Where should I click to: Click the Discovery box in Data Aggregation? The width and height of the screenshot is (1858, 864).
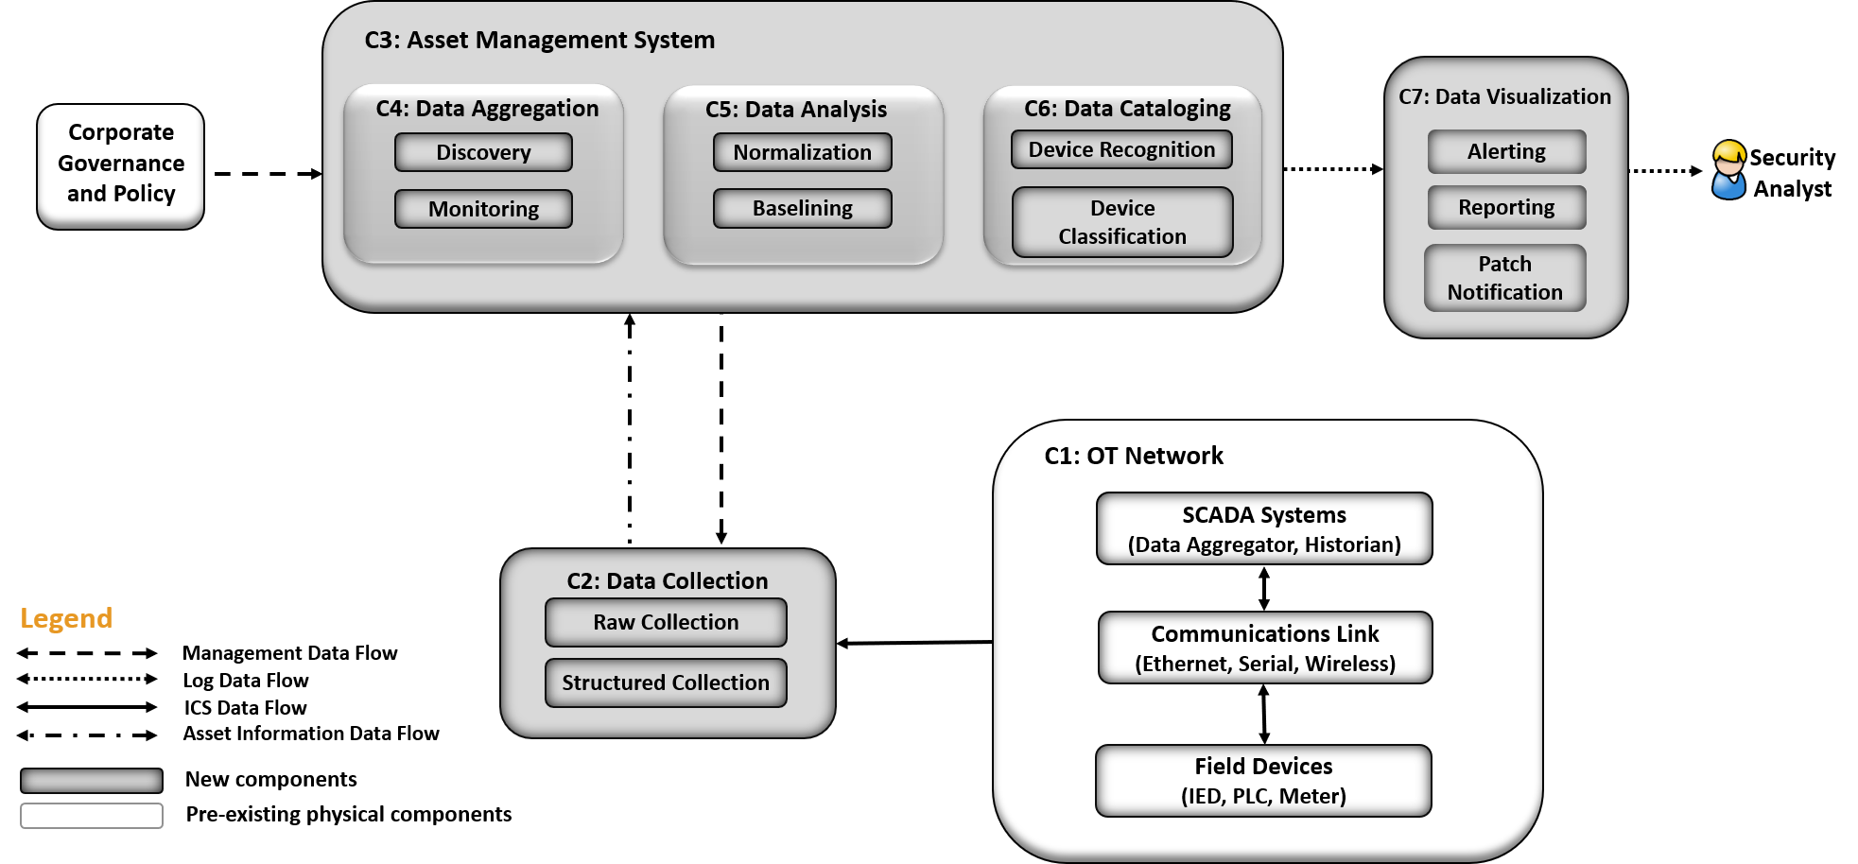(483, 152)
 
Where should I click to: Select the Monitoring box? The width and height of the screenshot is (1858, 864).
(483, 209)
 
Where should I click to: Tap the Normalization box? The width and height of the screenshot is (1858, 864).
(802, 152)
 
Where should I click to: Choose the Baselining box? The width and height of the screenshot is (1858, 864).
(802, 208)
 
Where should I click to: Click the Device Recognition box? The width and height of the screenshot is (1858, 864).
(1121, 149)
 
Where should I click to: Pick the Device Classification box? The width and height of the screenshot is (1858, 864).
(1122, 222)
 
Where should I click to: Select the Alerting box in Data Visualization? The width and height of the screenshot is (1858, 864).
(1506, 151)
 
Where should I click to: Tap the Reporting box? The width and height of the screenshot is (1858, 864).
(1506, 207)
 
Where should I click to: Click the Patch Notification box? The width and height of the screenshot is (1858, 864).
(1504, 278)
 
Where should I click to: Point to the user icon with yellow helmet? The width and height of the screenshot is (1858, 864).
(1728, 170)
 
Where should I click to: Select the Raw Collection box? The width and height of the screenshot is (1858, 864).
(666, 622)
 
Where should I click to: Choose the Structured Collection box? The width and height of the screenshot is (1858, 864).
(666, 683)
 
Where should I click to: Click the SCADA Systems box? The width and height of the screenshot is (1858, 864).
(1264, 528)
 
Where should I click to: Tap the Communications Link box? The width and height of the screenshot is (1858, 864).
(1265, 648)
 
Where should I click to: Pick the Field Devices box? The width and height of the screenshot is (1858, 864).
(1263, 781)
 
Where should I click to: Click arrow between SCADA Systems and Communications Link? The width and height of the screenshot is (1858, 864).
(1264, 588)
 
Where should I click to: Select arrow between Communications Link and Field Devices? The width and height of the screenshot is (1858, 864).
(1264, 714)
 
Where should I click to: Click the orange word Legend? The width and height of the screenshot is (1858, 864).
(66, 618)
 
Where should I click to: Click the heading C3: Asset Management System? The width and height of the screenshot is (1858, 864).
(540, 40)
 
